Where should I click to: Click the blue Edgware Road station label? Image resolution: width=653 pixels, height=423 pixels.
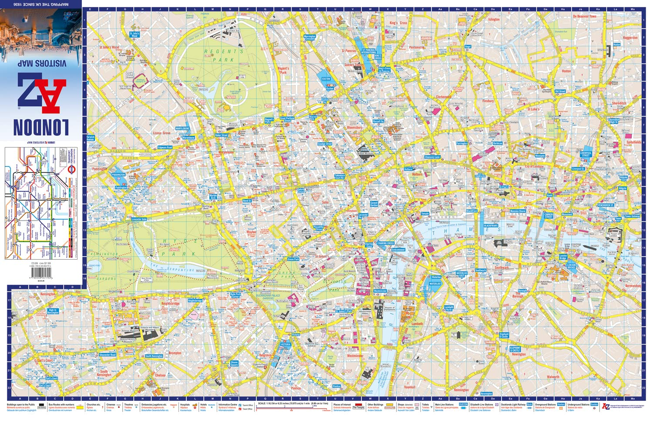[165, 147]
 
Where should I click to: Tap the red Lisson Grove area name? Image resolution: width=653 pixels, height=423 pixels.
[162, 133]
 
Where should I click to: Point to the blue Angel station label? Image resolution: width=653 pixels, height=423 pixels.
[468, 47]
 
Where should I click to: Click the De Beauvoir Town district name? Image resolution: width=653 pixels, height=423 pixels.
[584, 17]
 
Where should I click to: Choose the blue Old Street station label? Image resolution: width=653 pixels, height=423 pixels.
[560, 91]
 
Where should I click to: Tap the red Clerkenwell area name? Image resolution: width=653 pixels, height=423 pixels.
[444, 97]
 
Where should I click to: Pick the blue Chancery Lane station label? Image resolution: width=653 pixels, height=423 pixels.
[432, 157]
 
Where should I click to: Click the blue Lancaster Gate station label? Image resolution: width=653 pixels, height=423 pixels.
[139, 219]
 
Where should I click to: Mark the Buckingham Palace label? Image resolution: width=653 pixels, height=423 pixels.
[286, 301]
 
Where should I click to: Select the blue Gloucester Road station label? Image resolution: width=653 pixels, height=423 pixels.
[108, 355]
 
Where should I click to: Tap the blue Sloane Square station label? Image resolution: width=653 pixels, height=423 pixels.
[234, 363]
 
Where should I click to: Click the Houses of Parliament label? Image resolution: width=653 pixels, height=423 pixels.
[390, 308]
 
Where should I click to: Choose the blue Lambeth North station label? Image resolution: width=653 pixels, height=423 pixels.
[449, 308]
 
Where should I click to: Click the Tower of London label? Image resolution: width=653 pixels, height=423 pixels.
[612, 234]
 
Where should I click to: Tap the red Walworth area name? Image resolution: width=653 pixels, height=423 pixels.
[553, 377]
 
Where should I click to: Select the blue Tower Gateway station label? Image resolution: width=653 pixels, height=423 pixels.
[633, 216]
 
